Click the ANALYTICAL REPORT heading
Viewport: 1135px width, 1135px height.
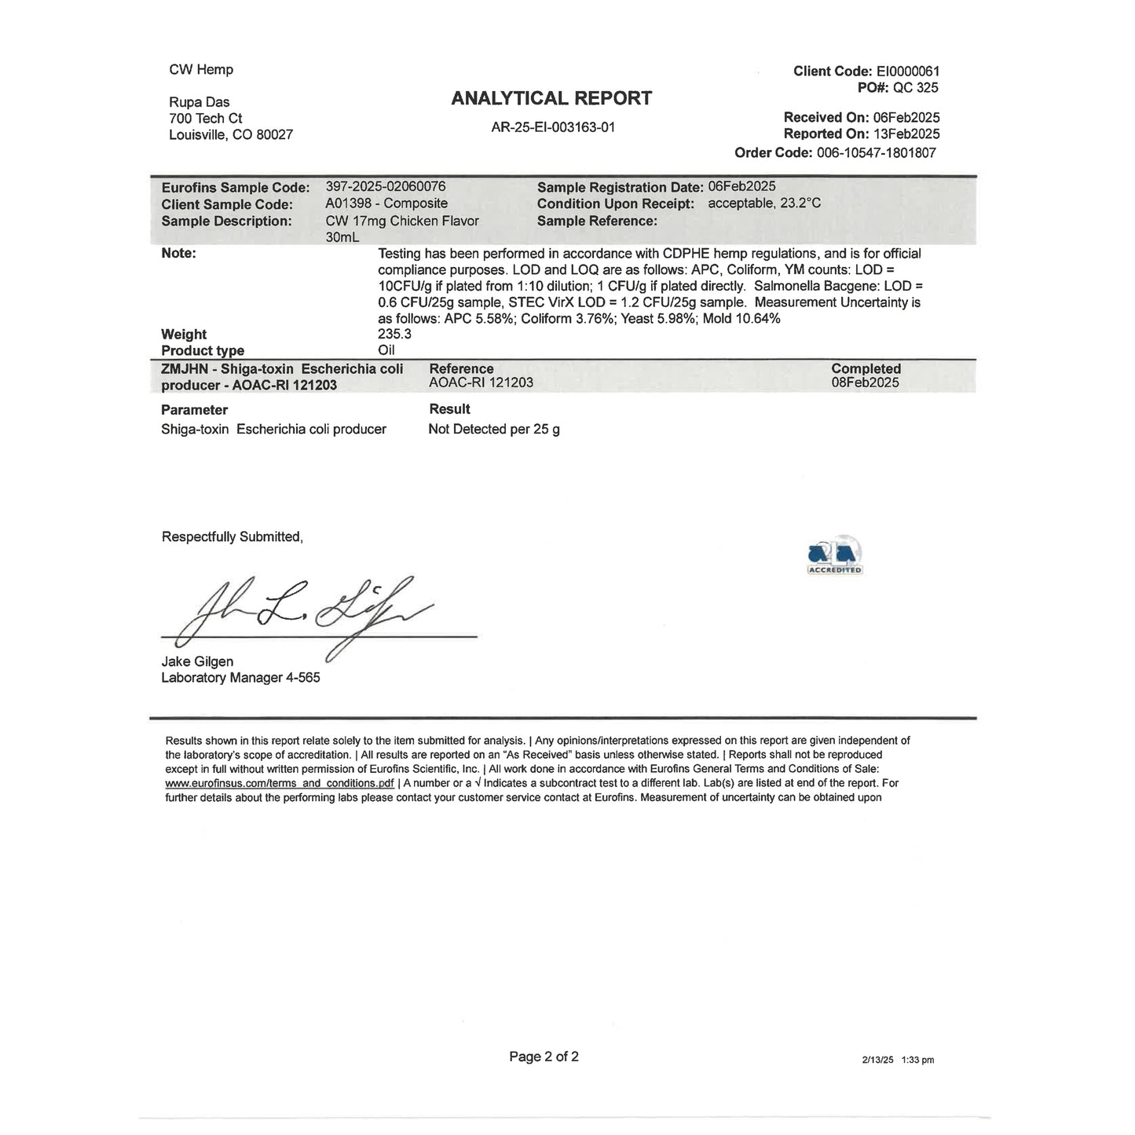click(551, 98)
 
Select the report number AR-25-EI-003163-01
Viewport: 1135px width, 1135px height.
click(553, 127)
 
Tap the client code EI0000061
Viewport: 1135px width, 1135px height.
click(908, 71)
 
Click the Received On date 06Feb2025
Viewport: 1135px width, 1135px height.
click(906, 118)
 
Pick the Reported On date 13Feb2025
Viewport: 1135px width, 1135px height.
click(906, 134)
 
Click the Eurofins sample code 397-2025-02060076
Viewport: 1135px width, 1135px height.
click(386, 187)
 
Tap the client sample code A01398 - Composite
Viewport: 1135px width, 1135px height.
click(386, 204)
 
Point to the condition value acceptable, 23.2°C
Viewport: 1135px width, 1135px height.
click(764, 203)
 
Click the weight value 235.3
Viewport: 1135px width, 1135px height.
click(395, 334)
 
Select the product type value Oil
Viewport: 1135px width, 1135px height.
click(386, 350)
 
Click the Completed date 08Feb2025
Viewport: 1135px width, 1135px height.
click(865, 383)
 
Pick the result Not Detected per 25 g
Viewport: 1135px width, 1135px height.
click(494, 430)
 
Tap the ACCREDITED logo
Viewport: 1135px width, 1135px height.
click(835, 555)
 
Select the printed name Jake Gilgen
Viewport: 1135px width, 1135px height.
click(197, 661)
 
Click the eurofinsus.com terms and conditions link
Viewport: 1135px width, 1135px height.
click(280, 783)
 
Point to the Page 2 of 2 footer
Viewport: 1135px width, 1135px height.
click(544, 1057)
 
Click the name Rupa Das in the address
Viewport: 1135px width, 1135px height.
click(200, 102)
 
